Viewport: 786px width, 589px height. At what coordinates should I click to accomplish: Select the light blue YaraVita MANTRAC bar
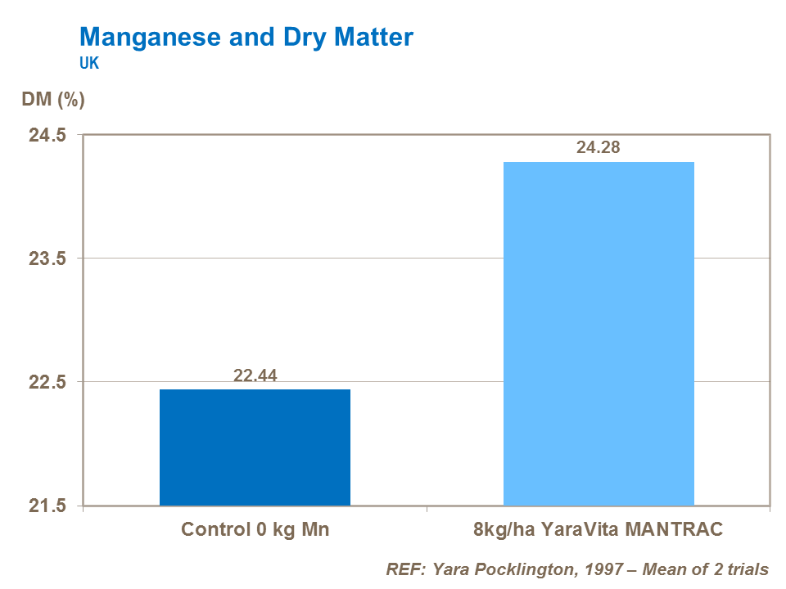tap(599, 333)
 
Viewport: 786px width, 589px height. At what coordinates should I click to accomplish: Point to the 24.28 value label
tap(599, 148)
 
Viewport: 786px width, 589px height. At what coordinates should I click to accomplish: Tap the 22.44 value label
tap(255, 375)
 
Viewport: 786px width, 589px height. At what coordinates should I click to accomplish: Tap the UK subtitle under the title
tap(89, 63)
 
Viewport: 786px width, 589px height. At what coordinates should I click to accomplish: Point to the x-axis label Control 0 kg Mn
tap(255, 529)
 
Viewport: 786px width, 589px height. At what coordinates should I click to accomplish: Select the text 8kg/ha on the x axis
tap(504, 529)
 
